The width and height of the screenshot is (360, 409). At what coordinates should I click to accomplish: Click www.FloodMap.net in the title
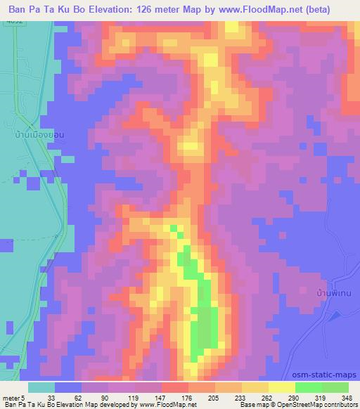[259, 10]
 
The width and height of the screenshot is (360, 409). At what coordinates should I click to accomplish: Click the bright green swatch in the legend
[308, 387]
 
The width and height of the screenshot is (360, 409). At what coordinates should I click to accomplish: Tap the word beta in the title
[333, 10]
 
